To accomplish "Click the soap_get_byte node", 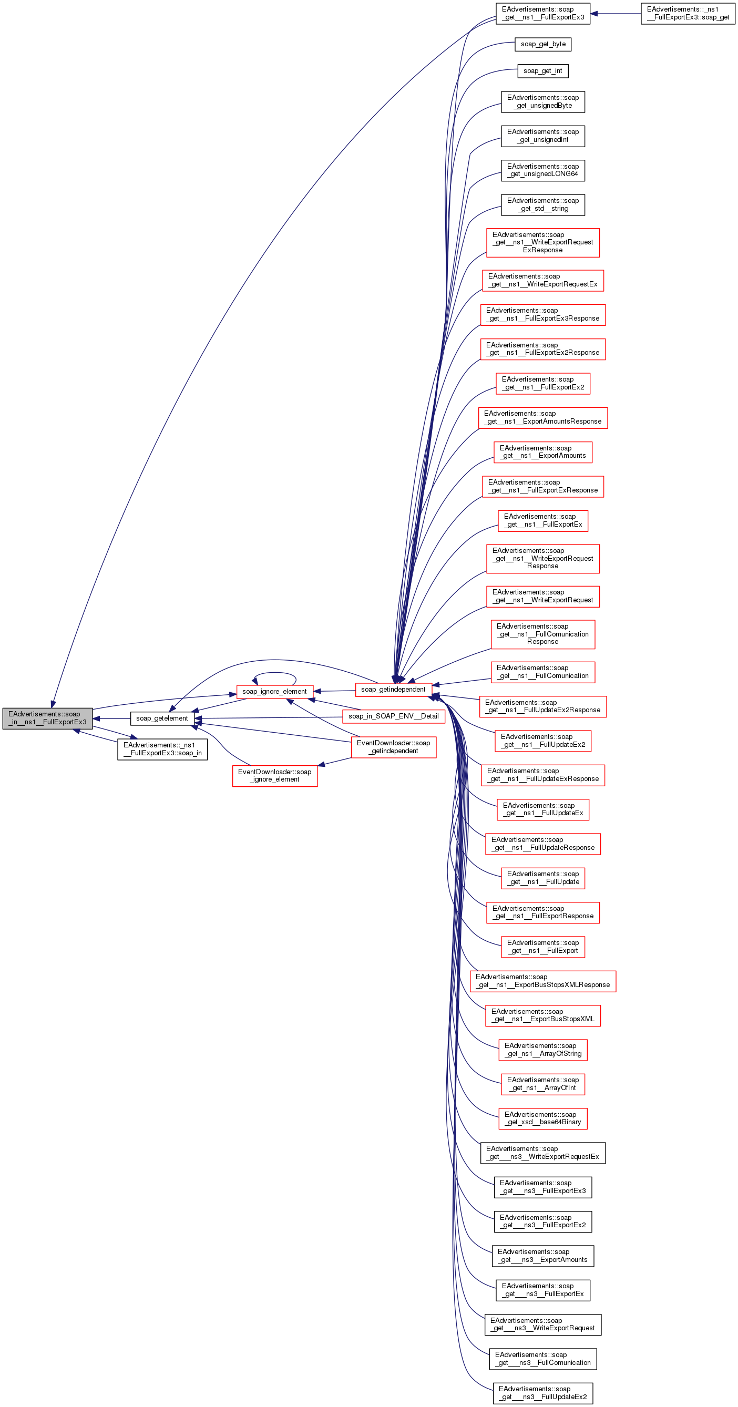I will (542, 44).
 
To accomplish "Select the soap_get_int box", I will (542, 71).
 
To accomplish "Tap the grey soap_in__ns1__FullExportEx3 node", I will (47, 718).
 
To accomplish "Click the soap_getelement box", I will (162, 718).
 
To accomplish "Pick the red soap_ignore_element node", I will (274, 692).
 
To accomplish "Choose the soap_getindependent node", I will (393, 689).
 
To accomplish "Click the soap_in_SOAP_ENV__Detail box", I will (393, 716).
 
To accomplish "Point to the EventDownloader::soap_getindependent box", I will (393, 747).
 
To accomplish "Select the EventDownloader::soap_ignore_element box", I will (274, 776).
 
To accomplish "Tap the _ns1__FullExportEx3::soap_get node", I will (688, 13).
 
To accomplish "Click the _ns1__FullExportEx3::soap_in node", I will (162, 749).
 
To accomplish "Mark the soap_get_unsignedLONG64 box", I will (542, 170).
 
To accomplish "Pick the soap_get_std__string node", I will (542, 205).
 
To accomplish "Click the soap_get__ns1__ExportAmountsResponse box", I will (542, 418).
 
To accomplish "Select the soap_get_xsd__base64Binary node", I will (542, 1118).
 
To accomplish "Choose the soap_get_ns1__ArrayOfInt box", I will (542, 1084).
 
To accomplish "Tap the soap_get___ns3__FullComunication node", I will (542, 1359).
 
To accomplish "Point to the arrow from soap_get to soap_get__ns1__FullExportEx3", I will (616, 13).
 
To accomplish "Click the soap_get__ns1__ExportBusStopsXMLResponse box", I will (542, 981).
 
